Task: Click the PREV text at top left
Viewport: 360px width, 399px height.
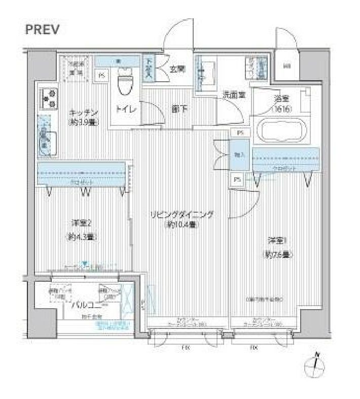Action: click(x=43, y=29)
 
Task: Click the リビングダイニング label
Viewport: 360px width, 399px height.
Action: click(x=182, y=214)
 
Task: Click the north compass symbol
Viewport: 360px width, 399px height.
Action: click(x=316, y=366)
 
